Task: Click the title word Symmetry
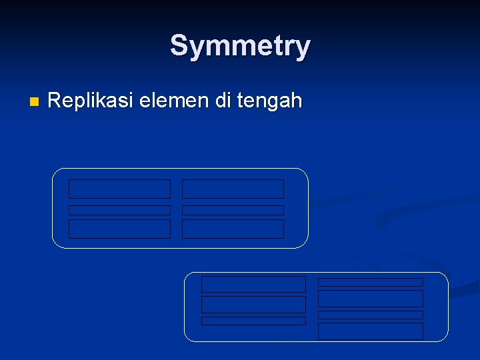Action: (240, 46)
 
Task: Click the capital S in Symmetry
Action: (179, 46)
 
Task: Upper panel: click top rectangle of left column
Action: (119, 189)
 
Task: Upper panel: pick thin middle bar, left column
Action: (119, 210)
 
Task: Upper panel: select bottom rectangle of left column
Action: (119, 229)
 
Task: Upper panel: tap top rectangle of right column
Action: (233, 189)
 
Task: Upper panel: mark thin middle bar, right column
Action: (233, 210)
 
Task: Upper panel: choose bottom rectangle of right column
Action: (233, 229)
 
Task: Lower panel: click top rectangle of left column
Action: (253, 284)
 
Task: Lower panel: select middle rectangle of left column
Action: (253, 305)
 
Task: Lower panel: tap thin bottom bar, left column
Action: (253, 321)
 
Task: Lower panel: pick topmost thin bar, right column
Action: (370, 282)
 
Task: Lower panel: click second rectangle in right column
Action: (370, 298)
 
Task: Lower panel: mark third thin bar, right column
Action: (370, 315)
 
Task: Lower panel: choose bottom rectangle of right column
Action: (370, 331)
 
